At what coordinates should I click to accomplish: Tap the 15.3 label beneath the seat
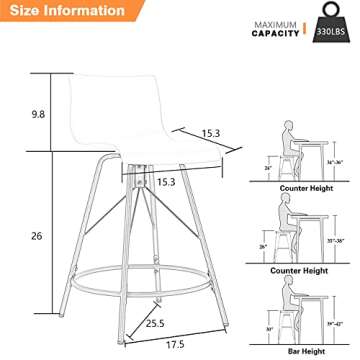click(165, 182)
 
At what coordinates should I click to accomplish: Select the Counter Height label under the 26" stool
click(307, 271)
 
